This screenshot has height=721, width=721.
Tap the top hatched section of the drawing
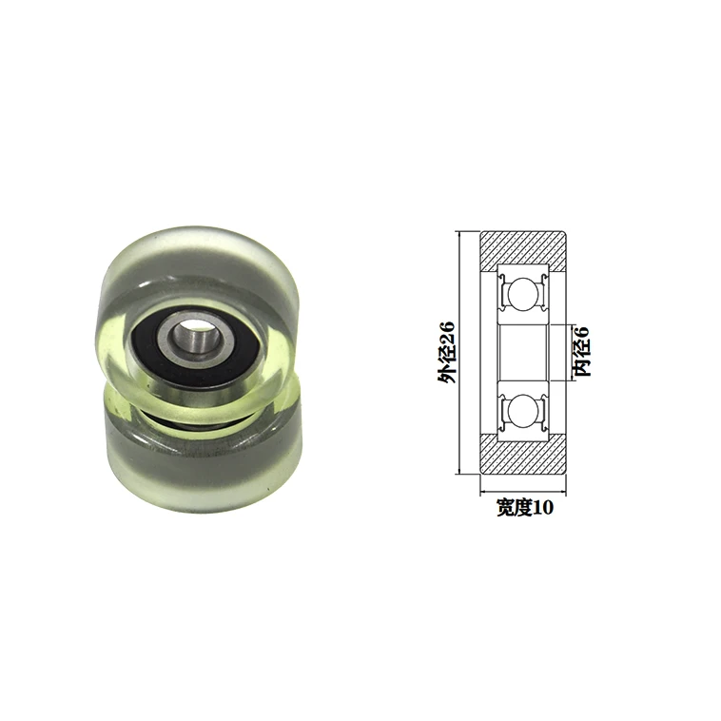point(523,249)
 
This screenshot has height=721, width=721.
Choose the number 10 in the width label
point(541,508)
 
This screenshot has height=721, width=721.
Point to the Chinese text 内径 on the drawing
point(583,360)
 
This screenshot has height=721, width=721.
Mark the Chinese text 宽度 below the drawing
point(513,508)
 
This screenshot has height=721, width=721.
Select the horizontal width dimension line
point(523,494)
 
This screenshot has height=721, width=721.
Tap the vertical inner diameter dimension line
point(572,353)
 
